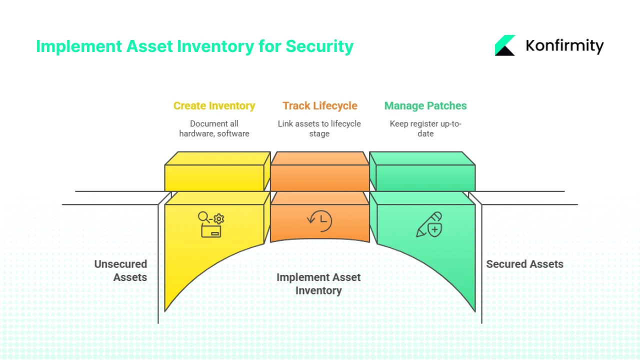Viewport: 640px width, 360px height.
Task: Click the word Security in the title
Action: pyautogui.click(x=319, y=46)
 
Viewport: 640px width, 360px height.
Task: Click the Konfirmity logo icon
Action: pyautogui.click(x=505, y=45)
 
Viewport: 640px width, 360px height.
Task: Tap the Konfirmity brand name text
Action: pyautogui.click(x=564, y=46)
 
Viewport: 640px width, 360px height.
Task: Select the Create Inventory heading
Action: pyautogui.click(x=214, y=106)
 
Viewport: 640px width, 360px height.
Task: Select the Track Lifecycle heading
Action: pyautogui.click(x=319, y=106)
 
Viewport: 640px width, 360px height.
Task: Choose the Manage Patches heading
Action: pyautogui.click(x=425, y=106)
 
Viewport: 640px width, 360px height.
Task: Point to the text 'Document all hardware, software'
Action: pyautogui.click(x=214, y=128)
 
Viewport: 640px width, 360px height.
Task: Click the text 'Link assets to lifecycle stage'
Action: pyautogui.click(x=319, y=128)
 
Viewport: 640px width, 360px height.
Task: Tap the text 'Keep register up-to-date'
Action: pyautogui.click(x=425, y=128)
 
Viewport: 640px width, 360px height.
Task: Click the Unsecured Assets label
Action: pyautogui.click(x=120, y=270)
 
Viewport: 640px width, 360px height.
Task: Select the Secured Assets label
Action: pyautogui.click(x=524, y=264)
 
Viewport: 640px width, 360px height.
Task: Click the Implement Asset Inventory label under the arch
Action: pyautogui.click(x=318, y=284)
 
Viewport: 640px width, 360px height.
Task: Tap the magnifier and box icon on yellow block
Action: pyautogui.click(x=211, y=224)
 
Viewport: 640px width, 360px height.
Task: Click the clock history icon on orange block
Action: pyautogui.click(x=319, y=220)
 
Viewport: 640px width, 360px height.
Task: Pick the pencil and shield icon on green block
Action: pyautogui.click(x=429, y=224)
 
